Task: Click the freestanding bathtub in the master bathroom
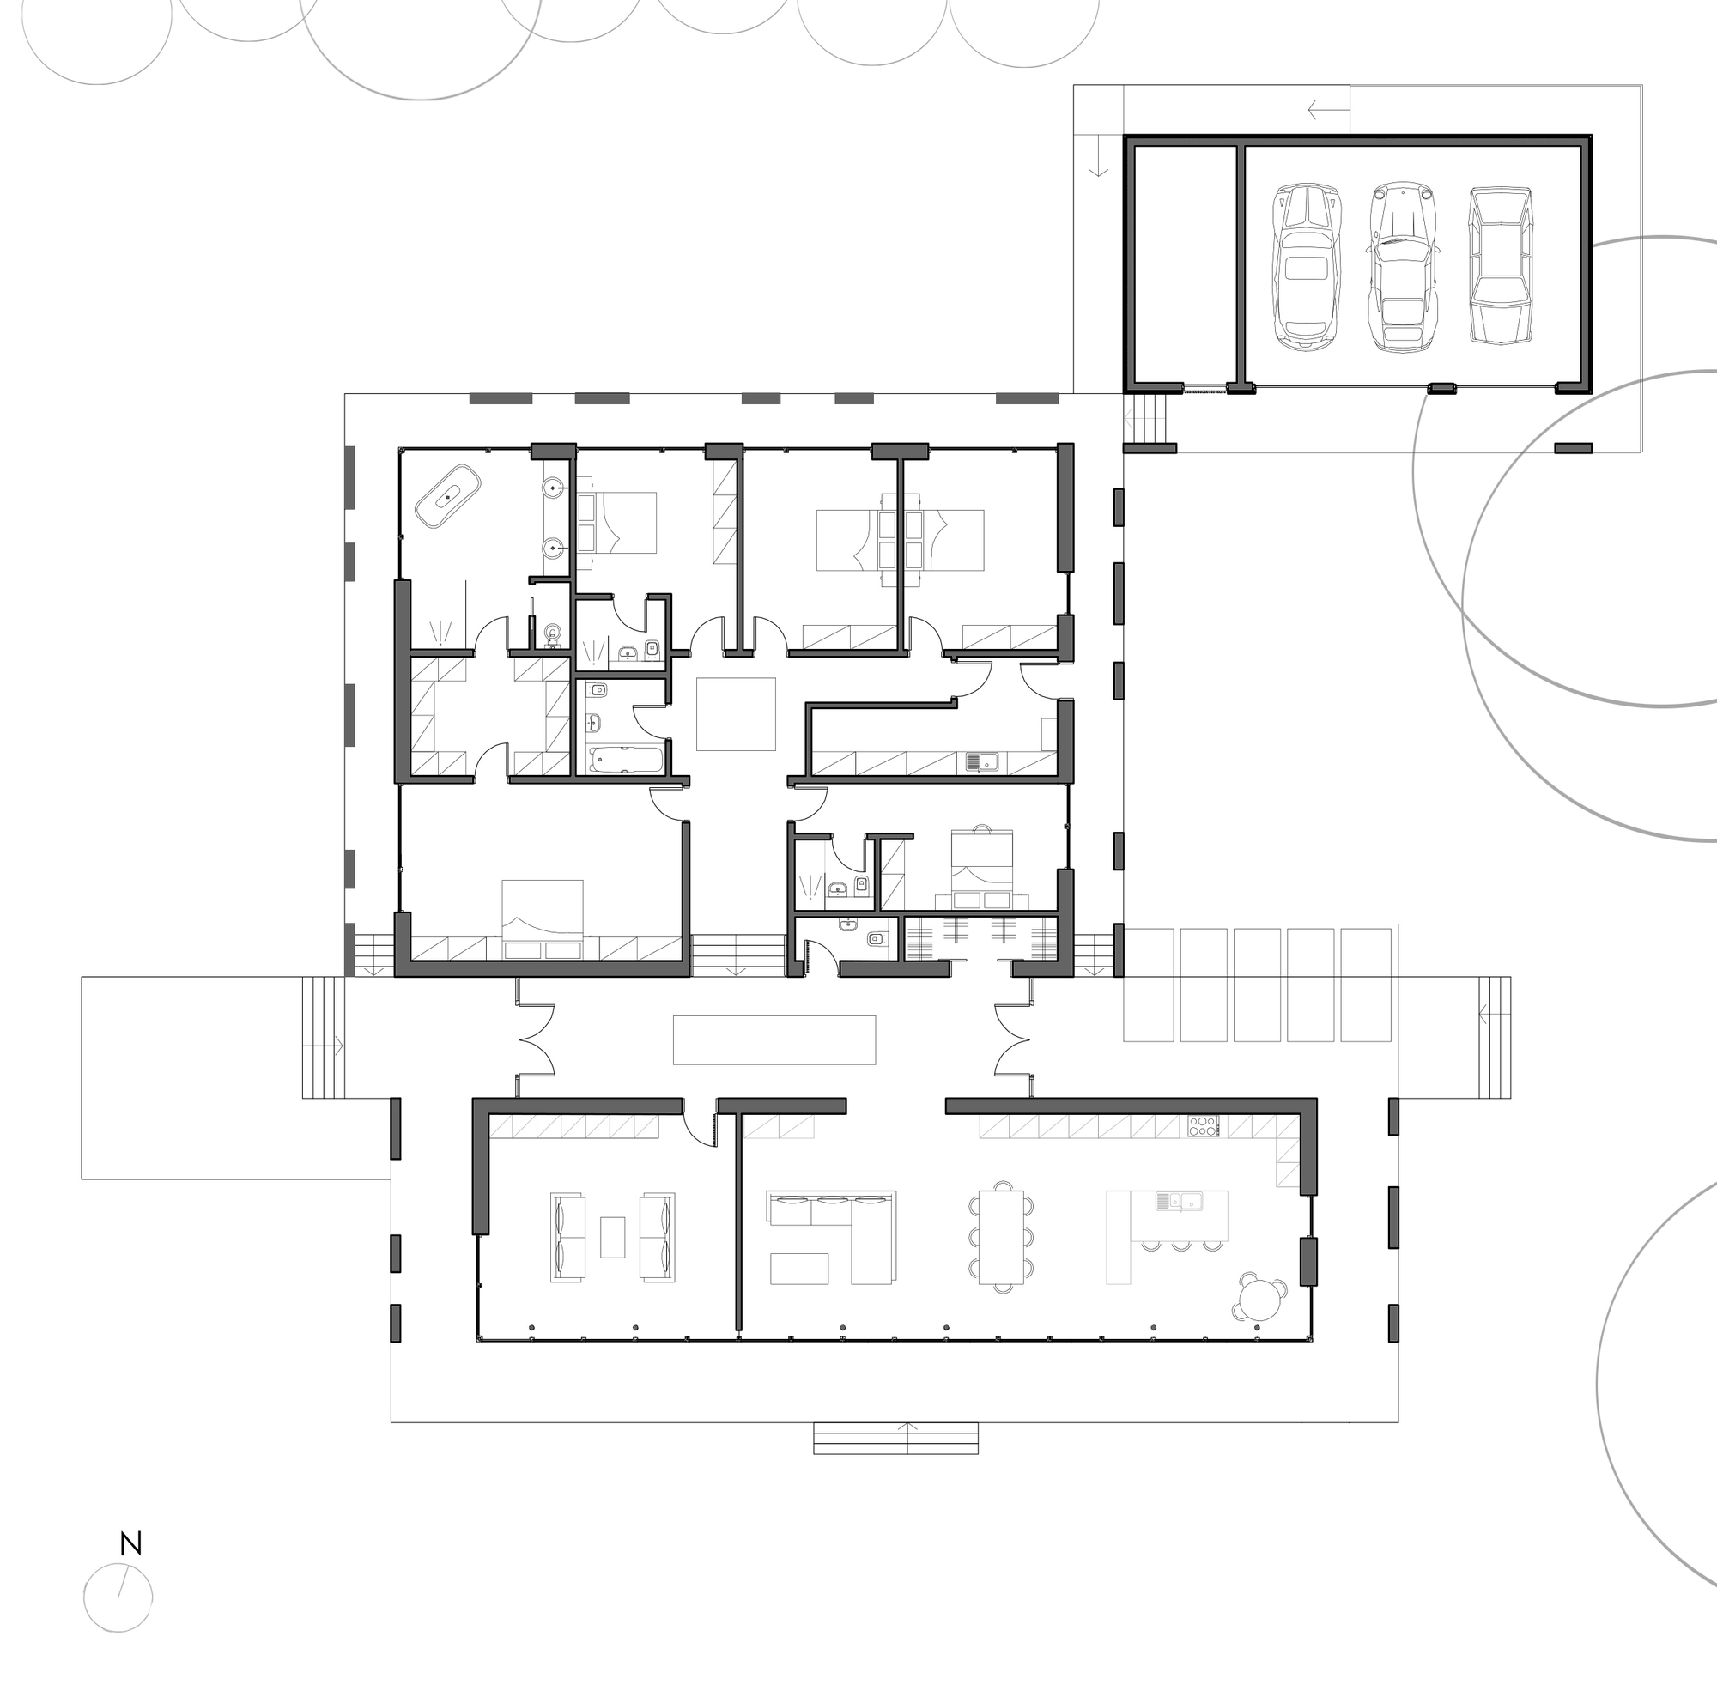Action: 448,496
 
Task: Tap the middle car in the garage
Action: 1404,265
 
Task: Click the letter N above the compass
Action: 131,1544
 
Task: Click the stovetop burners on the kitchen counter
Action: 1203,1126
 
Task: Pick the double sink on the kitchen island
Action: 1179,1201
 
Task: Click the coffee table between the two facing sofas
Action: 612,1237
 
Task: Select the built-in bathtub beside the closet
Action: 626,760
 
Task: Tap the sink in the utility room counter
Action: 981,761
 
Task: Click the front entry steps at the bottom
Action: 895,1438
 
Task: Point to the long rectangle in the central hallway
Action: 774,1039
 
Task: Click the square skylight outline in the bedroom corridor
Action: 736,714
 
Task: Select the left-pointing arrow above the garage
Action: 1325,111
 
